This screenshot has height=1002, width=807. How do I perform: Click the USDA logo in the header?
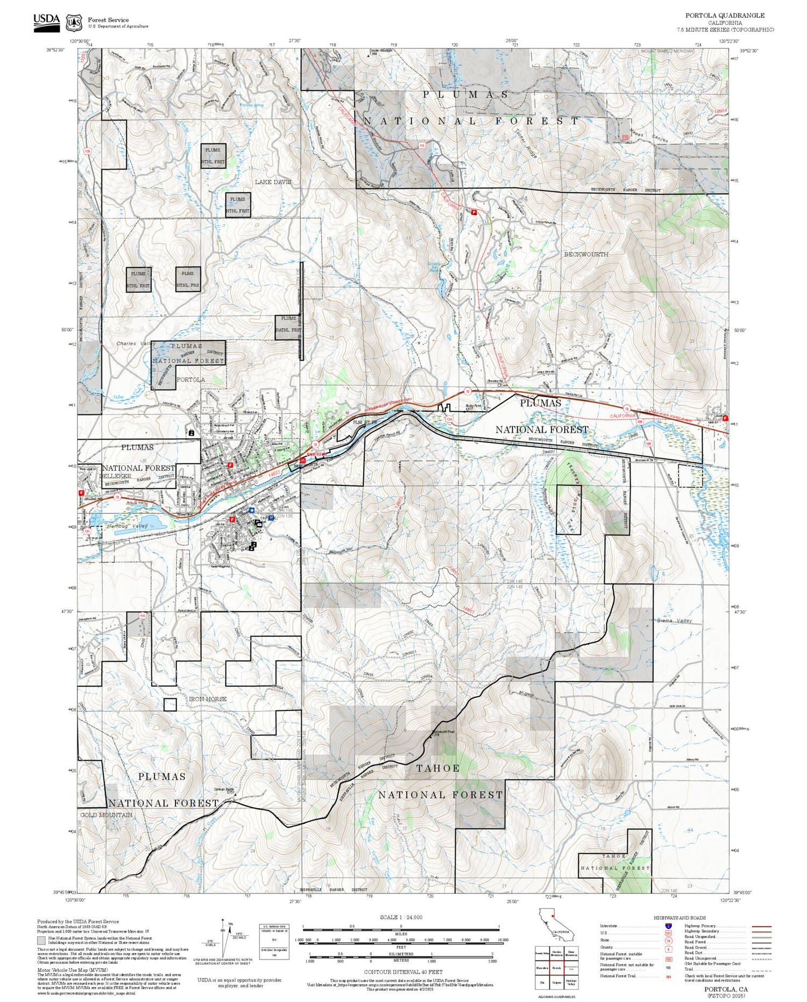tap(47, 23)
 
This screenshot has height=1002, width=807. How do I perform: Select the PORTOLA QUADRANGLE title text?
tap(724, 16)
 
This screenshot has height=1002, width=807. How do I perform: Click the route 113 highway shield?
tap(421, 146)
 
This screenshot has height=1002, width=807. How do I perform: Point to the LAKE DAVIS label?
tap(272, 182)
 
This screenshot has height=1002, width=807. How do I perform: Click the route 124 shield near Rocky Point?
tap(449, 418)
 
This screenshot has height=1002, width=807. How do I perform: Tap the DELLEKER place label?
tap(115, 476)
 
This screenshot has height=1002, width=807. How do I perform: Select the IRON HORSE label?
tap(208, 698)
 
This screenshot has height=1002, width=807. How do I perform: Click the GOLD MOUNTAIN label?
tap(106, 815)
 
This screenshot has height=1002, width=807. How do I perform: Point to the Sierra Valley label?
tap(675, 620)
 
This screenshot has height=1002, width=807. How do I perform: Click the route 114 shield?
tap(142, 615)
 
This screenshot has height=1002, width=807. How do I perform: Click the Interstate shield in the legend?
tap(668, 926)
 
